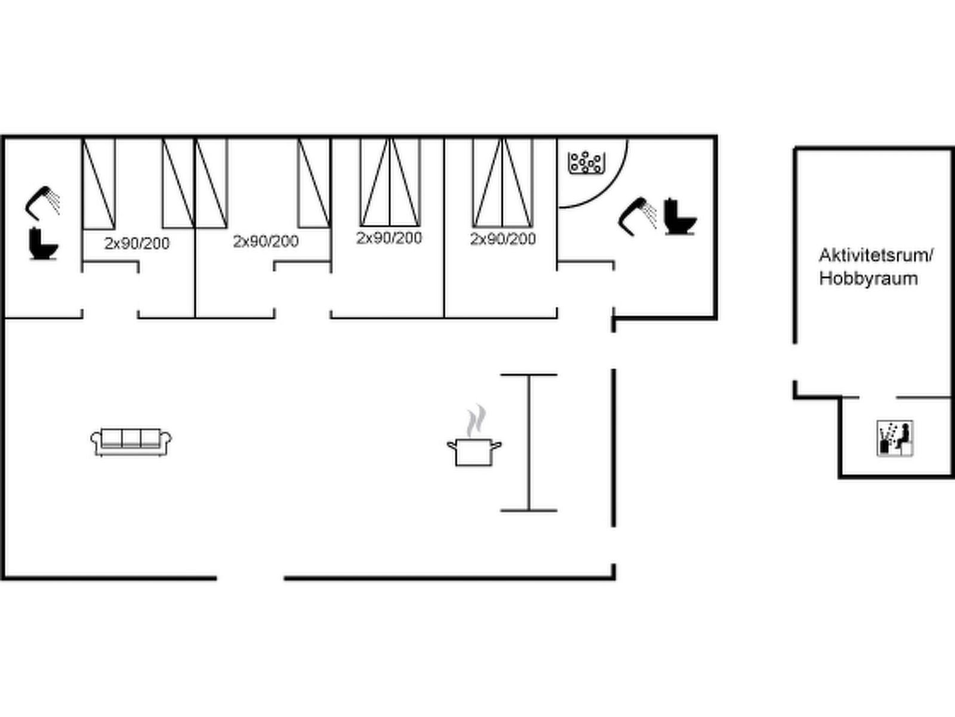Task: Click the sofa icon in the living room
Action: click(x=131, y=442)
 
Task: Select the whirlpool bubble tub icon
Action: click(x=587, y=163)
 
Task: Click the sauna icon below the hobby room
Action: click(x=895, y=439)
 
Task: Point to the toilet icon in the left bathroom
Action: click(x=43, y=244)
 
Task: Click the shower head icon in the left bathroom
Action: click(x=42, y=203)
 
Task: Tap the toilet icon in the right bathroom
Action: click(x=680, y=217)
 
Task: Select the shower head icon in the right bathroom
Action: click(x=637, y=217)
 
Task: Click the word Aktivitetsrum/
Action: click(x=876, y=256)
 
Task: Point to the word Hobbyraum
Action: click(x=868, y=278)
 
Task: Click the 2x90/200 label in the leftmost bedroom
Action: click(x=137, y=243)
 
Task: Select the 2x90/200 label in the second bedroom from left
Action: click(x=266, y=241)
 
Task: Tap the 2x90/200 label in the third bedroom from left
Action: click(x=389, y=238)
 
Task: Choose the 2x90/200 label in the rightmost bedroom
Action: click(x=503, y=239)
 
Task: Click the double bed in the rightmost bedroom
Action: click(x=503, y=182)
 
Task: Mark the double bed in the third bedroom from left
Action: click(x=390, y=182)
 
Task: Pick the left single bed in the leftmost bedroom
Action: click(x=98, y=183)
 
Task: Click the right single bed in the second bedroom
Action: click(x=314, y=183)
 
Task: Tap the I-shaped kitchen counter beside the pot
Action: click(x=529, y=442)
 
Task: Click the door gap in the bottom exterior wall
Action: click(x=250, y=578)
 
